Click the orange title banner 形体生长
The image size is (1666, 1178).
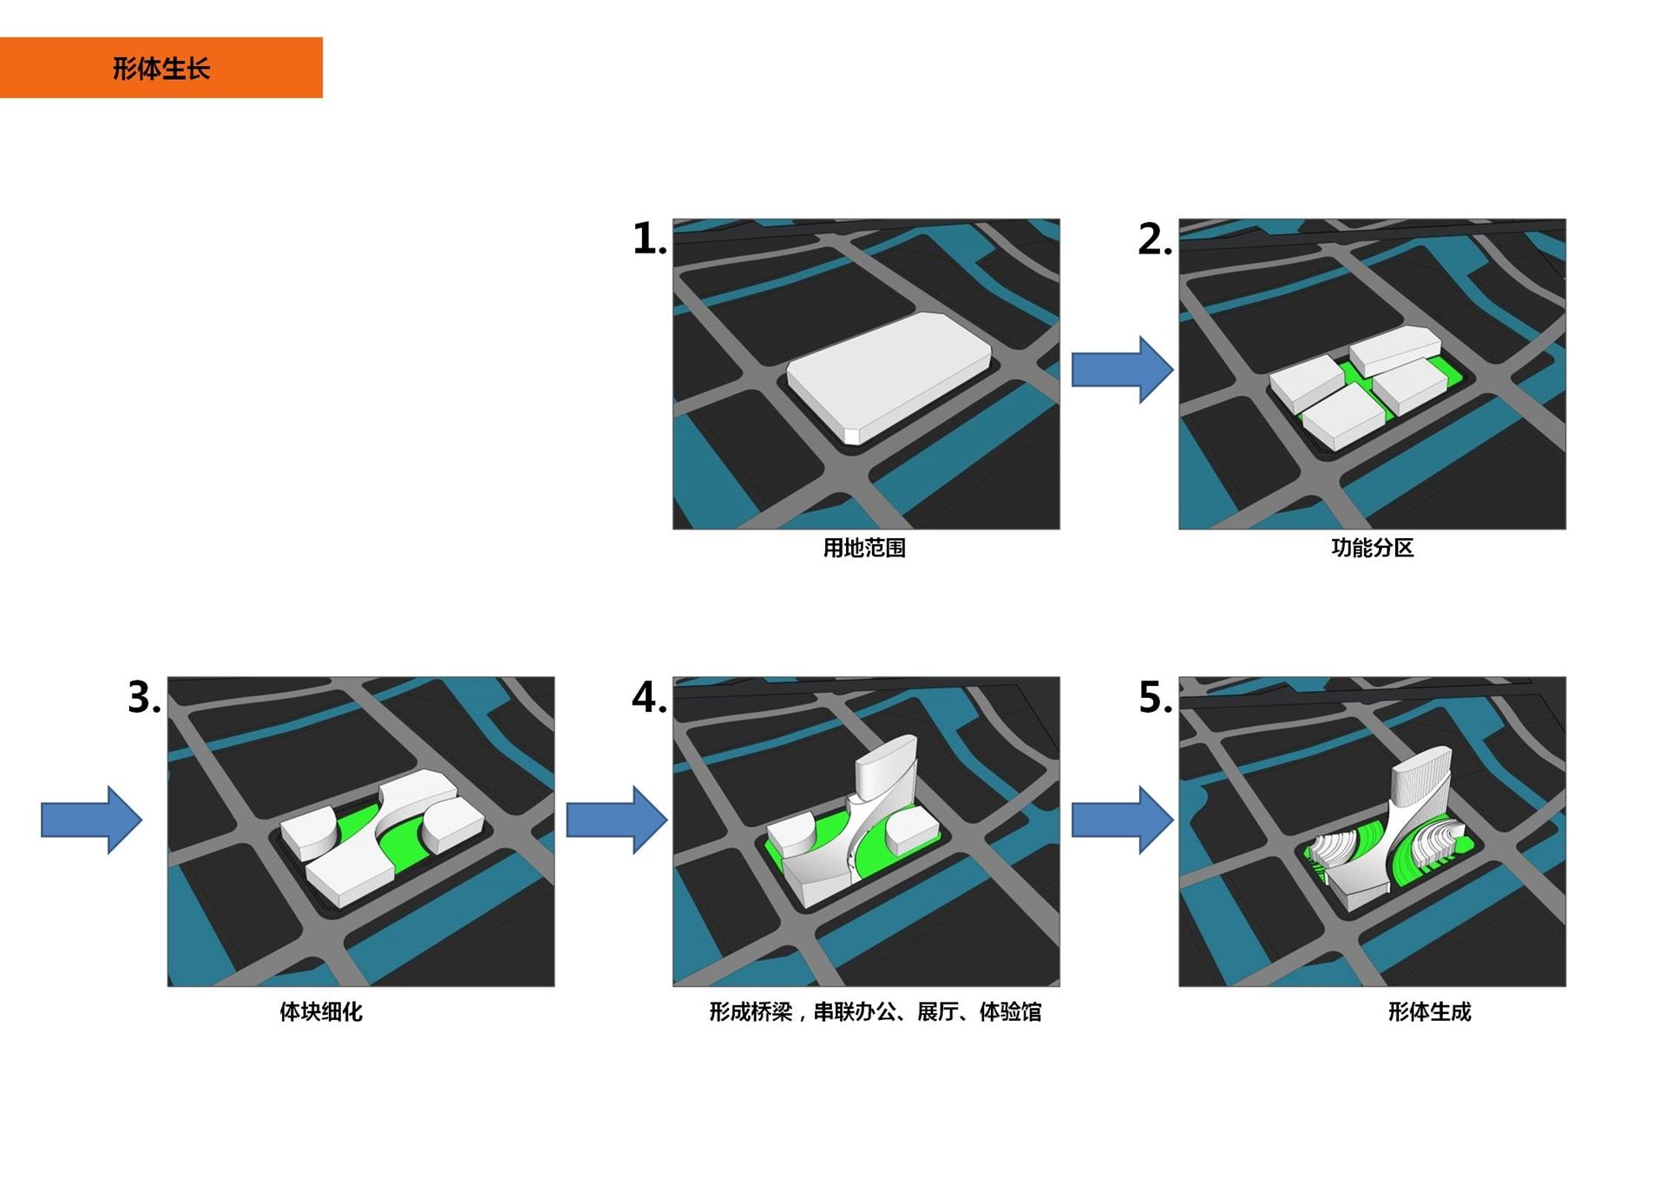coord(161,68)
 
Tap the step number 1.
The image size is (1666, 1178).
coord(649,239)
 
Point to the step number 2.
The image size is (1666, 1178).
coord(1154,239)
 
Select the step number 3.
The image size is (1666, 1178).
coord(144,697)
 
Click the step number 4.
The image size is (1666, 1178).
coord(649,697)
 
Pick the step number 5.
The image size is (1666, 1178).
coord(1155,697)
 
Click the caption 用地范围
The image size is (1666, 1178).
coord(864,548)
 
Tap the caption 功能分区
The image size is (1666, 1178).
coord(1373,548)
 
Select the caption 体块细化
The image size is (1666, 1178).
coord(321,1011)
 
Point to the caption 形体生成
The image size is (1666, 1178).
coord(1430,1011)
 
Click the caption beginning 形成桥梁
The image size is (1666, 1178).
coord(876,1011)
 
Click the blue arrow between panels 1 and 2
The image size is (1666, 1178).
coord(1123,370)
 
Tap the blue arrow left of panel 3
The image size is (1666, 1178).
coord(92,819)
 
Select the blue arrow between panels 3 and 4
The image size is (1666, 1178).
coord(617,819)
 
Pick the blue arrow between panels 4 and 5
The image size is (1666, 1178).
coord(1123,819)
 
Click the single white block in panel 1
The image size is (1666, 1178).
coord(889,378)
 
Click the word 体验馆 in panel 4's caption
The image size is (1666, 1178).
coord(1011,1011)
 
